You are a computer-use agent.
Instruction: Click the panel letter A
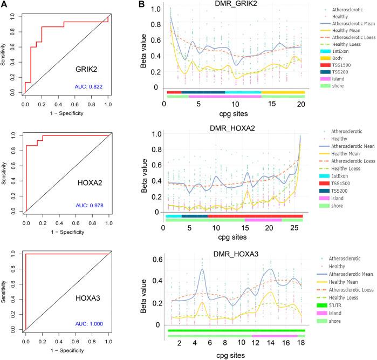coord(4,4)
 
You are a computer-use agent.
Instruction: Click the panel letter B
coord(141,5)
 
